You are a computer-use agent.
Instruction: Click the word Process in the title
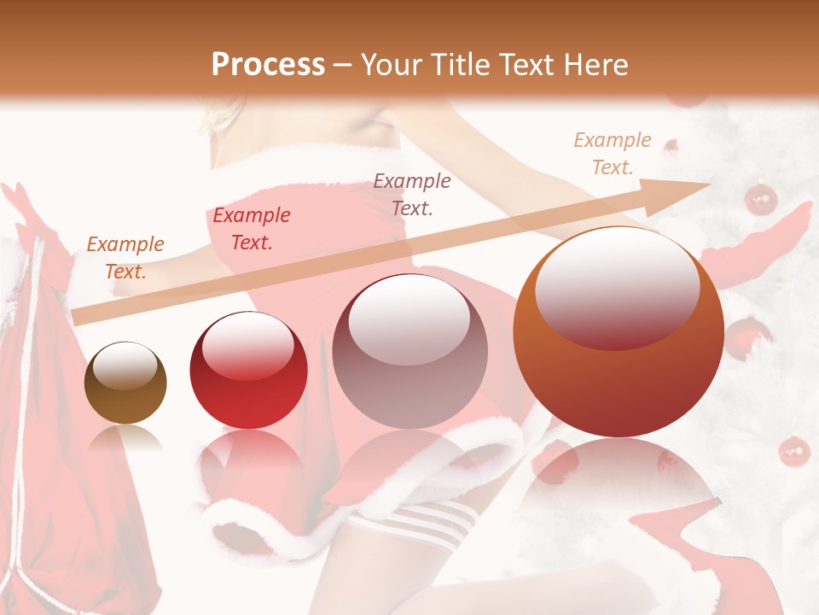point(268,64)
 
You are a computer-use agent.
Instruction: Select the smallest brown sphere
point(125,383)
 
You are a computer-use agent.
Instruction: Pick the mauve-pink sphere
point(409,351)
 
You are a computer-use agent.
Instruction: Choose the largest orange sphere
point(619,332)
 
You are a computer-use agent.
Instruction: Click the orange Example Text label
point(125,258)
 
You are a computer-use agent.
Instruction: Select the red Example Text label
point(251,229)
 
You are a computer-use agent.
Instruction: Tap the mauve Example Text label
point(412,194)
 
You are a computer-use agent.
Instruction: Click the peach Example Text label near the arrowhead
point(612,154)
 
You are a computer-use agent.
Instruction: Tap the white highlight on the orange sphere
point(617,286)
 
